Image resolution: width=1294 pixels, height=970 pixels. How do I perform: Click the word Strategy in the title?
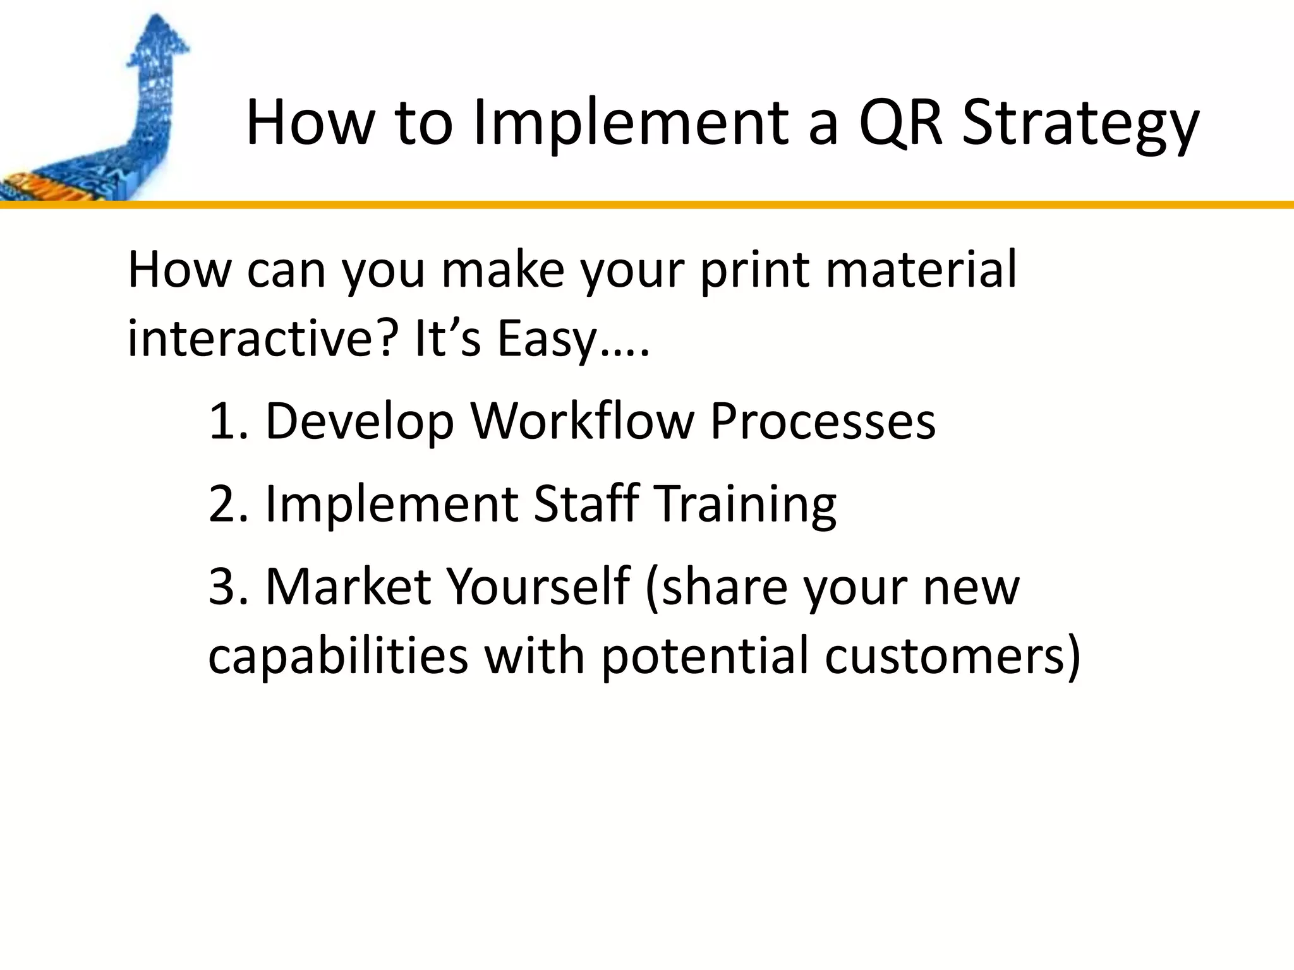coord(1079,123)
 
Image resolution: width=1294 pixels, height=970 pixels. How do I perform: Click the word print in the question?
coord(754,270)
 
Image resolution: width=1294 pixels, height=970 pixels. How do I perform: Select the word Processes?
coord(823,421)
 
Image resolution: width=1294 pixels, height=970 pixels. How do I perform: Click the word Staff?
coord(585,504)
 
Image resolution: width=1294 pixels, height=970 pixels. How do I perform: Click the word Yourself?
coord(538,587)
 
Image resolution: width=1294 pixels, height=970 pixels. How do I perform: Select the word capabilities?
coord(338,655)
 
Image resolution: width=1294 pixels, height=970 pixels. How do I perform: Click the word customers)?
coord(953,656)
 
